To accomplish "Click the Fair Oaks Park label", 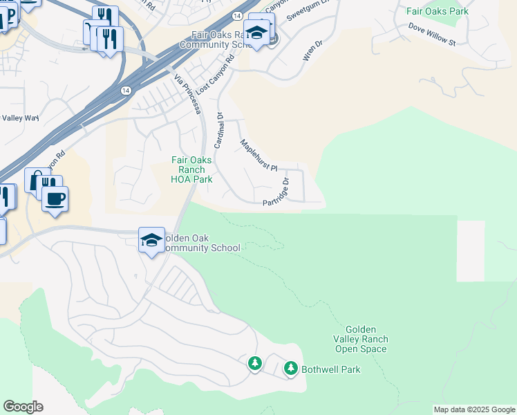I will pyautogui.click(x=437, y=11).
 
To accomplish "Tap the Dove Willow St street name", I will pyautogui.click(x=432, y=37).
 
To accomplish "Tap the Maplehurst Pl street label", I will pyautogui.click(x=258, y=156).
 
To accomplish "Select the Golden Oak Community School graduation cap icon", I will pyautogui.click(x=152, y=239).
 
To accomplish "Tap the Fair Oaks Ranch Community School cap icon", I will pyautogui.click(x=256, y=32).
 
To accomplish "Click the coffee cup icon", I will pyautogui.click(x=55, y=198).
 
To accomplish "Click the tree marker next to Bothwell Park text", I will pyautogui.click(x=290, y=368).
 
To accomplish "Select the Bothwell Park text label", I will pyautogui.click(x=331, y=369).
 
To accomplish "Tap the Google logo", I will pyautogui.click(x=23, y=407).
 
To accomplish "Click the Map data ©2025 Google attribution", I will pyautogui.click(x=474, y=409).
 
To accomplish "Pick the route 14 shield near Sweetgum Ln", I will pyautogui.click(x=237, y=15).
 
